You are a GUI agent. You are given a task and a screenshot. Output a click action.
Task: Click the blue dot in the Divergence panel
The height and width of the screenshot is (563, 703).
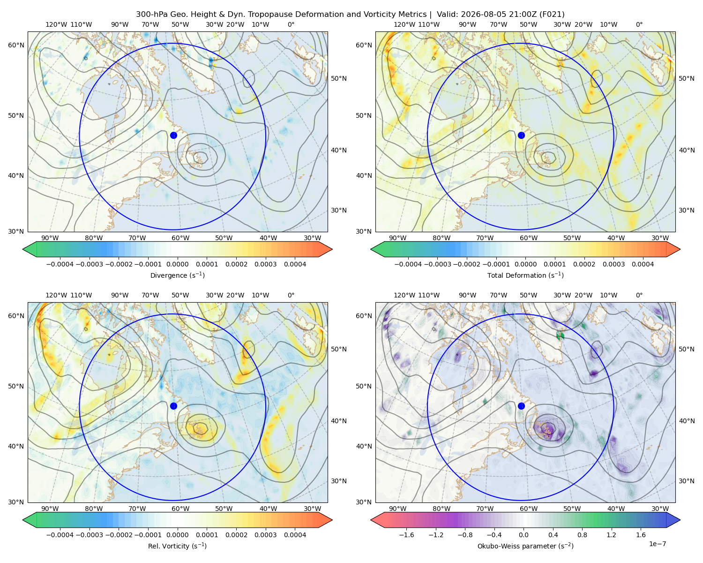[x=173, y=135]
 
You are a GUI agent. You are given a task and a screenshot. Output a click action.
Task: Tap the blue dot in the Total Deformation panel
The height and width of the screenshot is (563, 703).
[x=521, y=135]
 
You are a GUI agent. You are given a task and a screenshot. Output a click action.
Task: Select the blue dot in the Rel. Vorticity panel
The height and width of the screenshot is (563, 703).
[x=173, y=406]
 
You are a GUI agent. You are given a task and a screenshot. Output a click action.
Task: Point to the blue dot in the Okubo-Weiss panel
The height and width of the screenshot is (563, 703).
[x=521, y=406]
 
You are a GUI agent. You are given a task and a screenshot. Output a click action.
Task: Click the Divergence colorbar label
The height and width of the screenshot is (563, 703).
[x=177, y=275]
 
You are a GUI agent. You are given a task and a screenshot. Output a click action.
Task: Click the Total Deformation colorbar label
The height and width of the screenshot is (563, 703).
[x=525, y=275]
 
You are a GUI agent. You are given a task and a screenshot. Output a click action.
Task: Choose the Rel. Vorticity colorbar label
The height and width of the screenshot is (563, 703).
[x=177, y=546]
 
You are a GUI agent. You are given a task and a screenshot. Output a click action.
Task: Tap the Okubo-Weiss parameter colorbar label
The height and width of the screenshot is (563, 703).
[x=525, y=546]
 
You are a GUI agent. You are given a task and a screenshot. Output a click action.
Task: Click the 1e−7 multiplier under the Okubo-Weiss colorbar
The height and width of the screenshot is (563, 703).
[x=657, y=544]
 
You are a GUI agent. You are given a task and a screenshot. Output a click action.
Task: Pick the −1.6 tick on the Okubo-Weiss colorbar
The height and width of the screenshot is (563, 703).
[x=406, y=534]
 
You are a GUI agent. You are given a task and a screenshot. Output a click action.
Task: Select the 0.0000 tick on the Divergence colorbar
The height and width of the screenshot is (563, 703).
[x=177, y=264]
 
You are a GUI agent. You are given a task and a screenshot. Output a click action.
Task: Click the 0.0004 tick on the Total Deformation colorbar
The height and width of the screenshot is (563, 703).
[x=643, y=264]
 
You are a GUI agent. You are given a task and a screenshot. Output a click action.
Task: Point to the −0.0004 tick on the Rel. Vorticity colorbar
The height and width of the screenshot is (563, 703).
[x=60, y=534]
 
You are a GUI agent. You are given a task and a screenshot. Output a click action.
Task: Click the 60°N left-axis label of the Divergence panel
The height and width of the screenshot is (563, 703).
[x=16, y=45]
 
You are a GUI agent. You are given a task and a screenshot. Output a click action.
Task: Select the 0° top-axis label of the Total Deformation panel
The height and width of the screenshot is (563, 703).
[x=639, y=24]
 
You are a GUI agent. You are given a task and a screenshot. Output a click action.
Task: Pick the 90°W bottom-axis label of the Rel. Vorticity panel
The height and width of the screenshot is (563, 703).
[x=50, y=509]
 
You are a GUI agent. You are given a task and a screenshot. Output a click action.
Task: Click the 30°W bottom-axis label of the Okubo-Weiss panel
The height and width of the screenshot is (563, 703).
[x=660, y=509]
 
